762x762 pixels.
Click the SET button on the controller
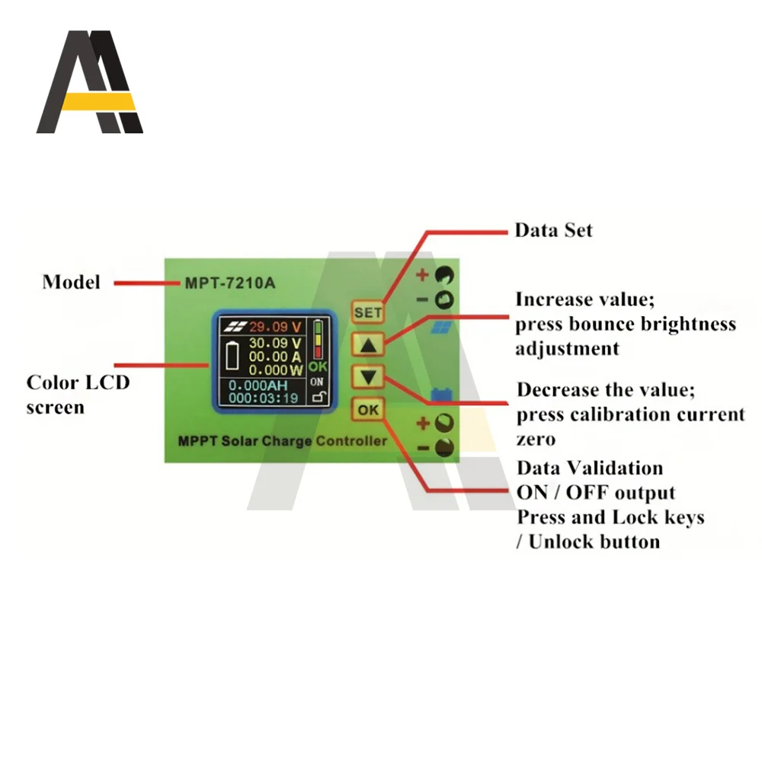point(367,312)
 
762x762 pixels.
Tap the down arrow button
point(368,376)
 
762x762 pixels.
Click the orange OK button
point(368,410)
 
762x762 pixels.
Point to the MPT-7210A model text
point(229,283)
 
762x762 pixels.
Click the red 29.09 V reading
point(276,327)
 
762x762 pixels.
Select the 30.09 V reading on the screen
point(276,342)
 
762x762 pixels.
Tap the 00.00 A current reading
point(276,356)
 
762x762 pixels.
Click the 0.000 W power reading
point(276,370)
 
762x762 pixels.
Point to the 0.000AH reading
point(258,386)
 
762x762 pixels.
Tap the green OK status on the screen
point(318,366)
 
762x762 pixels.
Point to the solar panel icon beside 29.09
point(233,327)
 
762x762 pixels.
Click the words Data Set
point(553,230)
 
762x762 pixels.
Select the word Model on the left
point(71,282)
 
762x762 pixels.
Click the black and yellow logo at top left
point(90,82)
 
